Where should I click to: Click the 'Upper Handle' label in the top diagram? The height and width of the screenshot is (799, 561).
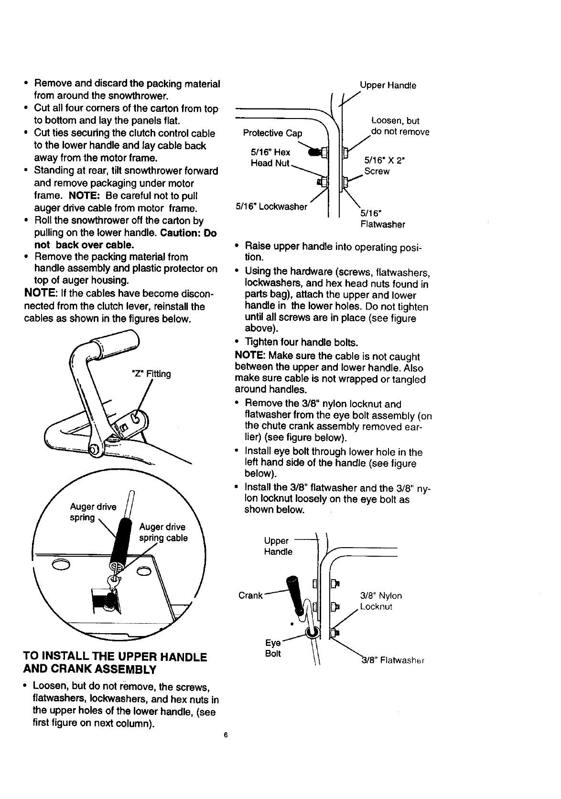[x=388, y=86]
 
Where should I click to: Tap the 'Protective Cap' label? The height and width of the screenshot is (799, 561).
[x=273, y=133]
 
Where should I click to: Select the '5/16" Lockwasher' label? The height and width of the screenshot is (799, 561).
[x=271, y=206]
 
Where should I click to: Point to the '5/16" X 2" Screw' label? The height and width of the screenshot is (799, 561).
[x=383, y=165]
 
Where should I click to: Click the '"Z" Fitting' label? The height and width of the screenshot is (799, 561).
[x=151, y=374]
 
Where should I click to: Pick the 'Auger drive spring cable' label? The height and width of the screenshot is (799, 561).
[x=163, y=532]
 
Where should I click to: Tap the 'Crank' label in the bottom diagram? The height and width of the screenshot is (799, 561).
[x=250, y=595]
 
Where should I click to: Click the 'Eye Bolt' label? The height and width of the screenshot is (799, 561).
[x=273, y=648]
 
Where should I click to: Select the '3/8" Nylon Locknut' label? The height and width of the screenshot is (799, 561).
[x=380, y=601]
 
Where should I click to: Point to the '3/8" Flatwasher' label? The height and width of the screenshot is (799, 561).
[x=391, y=661]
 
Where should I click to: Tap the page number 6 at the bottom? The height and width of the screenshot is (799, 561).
[x=224, y=736]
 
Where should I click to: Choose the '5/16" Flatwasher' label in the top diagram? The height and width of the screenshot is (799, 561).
[x=382, y=219]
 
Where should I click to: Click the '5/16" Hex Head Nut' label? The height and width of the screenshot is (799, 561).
[x=270, y=158]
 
